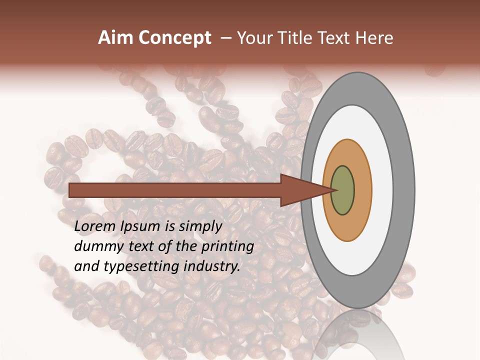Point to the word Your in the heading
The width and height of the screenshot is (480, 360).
pyautogui.click(x=255, y=38)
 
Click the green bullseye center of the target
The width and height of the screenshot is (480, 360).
pyautogui.click(x=343, y=190)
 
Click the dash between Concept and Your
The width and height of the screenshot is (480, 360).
pyautogui.click(x=225, y=38)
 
